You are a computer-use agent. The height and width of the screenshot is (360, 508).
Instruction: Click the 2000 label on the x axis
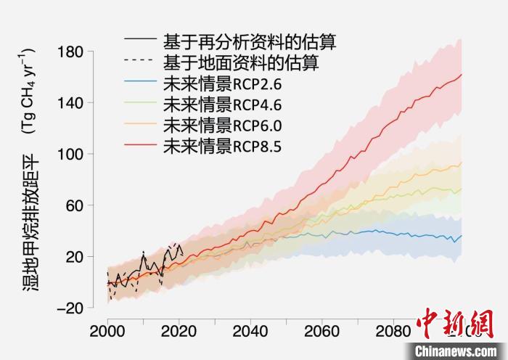pos(107,328)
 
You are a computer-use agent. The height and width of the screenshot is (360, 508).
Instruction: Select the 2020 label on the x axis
pos(178,328)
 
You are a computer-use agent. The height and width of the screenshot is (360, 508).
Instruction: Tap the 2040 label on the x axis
pos(249,328)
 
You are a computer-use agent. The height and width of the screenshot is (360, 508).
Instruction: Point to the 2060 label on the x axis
pos(320,328)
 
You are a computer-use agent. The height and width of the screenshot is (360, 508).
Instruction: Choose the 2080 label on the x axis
pos(391,328)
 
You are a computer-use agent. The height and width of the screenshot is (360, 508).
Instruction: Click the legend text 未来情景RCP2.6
pos(221,84)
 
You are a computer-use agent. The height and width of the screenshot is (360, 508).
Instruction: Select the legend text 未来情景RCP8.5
pos(221,146)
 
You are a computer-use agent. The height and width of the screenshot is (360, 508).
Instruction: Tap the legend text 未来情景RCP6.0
pos(221,125)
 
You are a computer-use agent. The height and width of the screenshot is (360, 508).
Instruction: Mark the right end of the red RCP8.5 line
pos(462,75)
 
